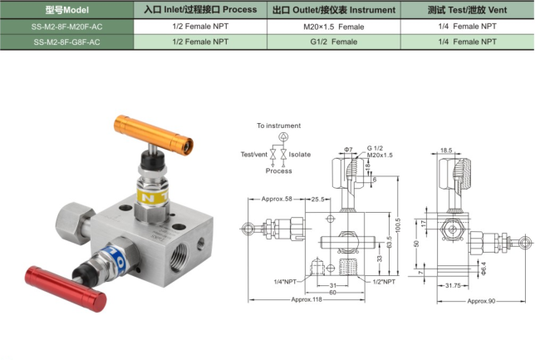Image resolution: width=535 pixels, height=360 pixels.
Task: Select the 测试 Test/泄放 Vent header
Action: point(466,11)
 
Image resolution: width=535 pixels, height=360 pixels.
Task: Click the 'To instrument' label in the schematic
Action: point(278,126)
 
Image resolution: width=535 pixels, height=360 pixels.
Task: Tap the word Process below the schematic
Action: point(279,171)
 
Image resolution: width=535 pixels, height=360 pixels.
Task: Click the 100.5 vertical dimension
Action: point(398,224)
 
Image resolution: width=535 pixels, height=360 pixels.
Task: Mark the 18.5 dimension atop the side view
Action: point(447,150)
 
